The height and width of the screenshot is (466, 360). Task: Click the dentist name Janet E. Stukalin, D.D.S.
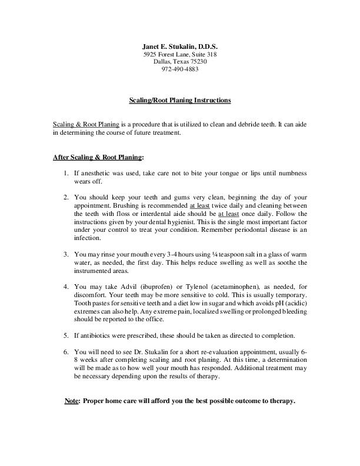(179, 46)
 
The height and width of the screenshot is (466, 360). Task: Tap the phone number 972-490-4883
(179, 69)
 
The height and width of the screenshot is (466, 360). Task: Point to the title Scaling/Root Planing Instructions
(179, 101)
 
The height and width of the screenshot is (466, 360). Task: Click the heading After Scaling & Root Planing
(98, 158)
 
